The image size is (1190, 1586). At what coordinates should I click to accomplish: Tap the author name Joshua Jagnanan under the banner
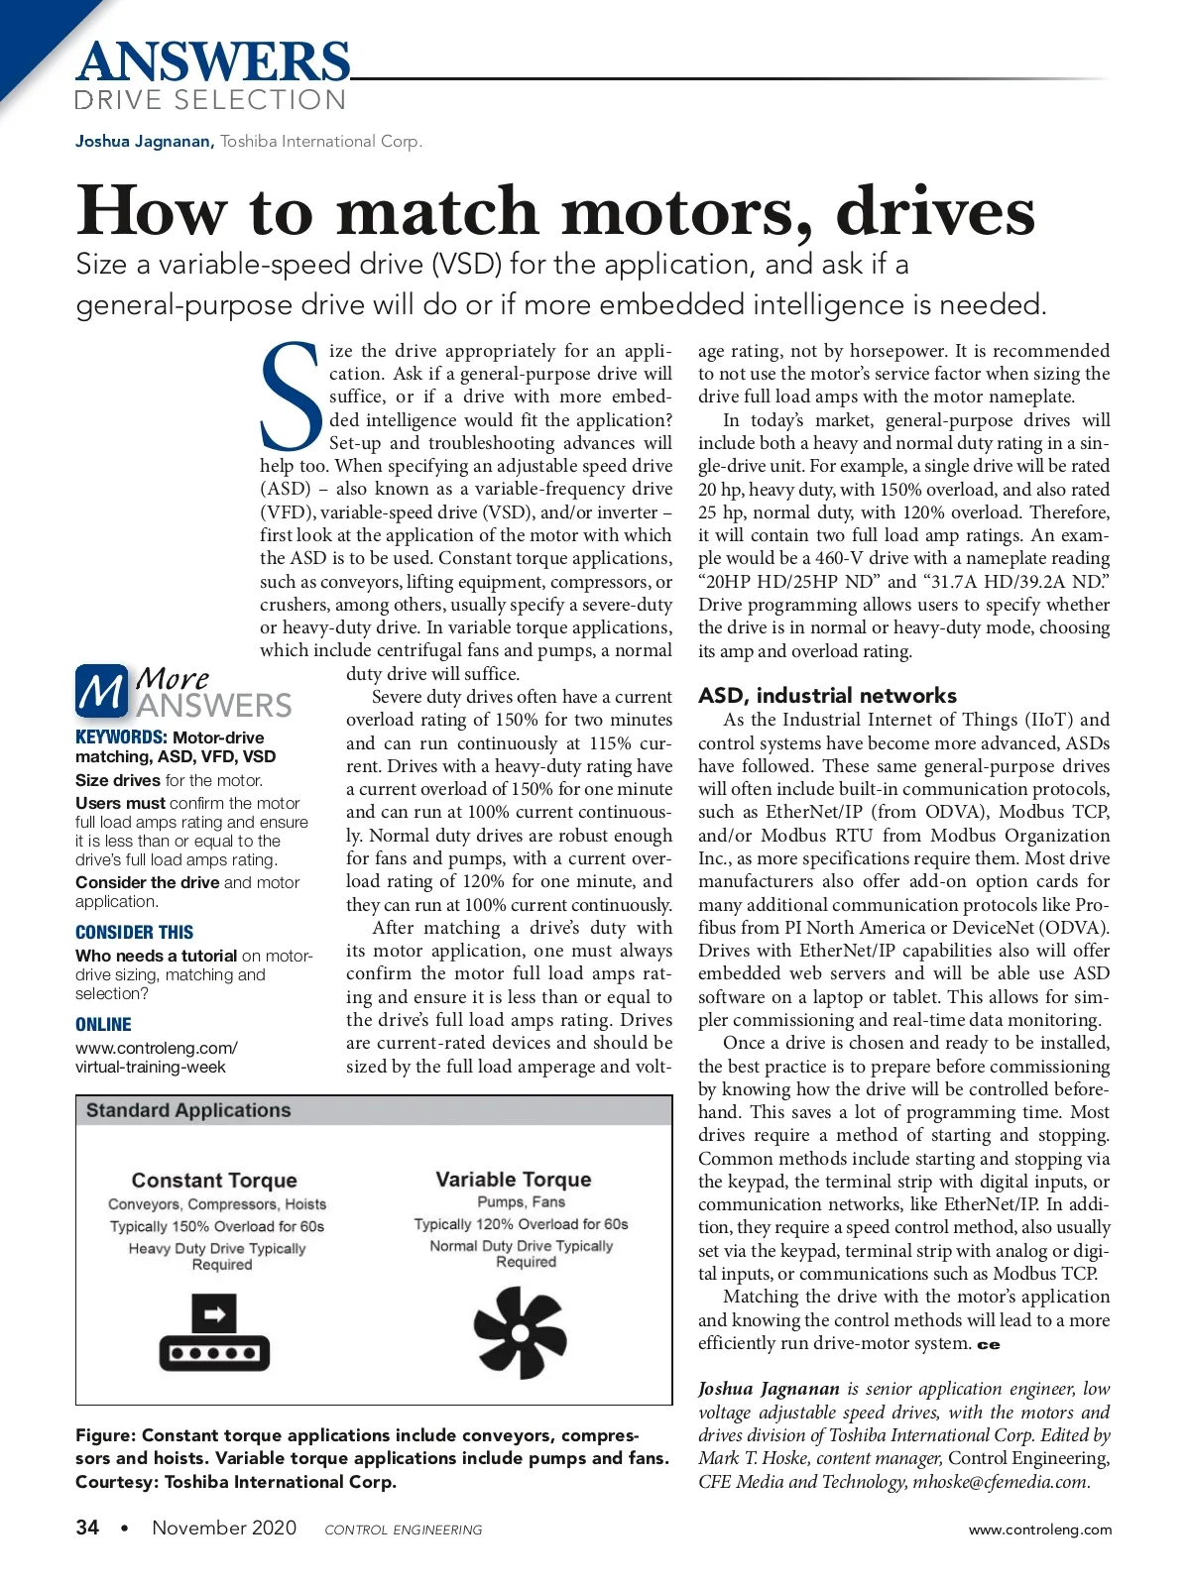[x=144, y=141]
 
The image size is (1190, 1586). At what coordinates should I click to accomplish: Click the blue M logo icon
[x=101, y=691]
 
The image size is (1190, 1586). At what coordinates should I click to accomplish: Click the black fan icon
[x=520, y=1332]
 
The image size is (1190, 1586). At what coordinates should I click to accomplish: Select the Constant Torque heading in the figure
[x=214, y=1180]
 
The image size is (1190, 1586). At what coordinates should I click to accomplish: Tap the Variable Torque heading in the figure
[x=513, y=1179]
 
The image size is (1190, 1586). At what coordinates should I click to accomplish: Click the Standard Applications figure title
[x=188, y=1110]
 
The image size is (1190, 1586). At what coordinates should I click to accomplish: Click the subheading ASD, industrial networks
[x=827, y=695]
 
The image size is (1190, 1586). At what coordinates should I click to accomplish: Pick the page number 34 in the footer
[x=87, y=1528]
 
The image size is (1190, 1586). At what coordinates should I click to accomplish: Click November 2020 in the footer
[x=224, y=1528]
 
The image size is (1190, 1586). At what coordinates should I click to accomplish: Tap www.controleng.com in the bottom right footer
[x=1039, y=1529]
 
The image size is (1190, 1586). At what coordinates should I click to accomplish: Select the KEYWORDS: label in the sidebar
[x=121, y=736]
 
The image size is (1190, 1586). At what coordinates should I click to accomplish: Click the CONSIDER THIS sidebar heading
[x=134, y=932]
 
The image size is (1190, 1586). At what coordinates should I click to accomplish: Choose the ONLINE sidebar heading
[x=103, y=1024]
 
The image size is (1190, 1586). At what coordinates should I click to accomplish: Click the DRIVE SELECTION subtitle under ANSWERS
[x=210, y=100]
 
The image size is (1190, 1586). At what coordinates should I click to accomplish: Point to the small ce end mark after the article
[x=989, y=1345]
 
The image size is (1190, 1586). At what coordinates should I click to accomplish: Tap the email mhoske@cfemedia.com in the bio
[x=1001, y=1482]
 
